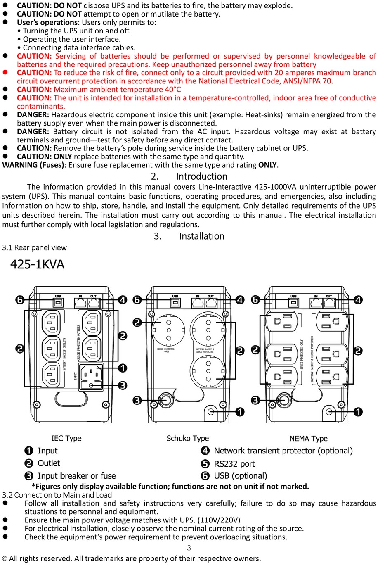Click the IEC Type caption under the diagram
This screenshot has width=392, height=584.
coord(66,438)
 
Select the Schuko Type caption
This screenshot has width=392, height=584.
coord(187,438)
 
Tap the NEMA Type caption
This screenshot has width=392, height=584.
coord(308,438)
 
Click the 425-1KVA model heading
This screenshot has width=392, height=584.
coord(37,264)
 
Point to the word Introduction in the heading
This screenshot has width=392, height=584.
coord(201,176)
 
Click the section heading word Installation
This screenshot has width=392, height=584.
coord(201,236)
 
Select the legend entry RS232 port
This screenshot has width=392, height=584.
coord(234,464)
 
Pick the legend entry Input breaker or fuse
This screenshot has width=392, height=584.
coord(76,476)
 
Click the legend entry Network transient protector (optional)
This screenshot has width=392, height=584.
coord(283,451)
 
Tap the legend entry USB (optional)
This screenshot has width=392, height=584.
coord(240,476)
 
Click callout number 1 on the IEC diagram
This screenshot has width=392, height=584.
coord(123,368)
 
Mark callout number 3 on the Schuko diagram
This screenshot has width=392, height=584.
coord(137,400)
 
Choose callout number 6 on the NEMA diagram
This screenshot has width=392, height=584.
coord(255,300)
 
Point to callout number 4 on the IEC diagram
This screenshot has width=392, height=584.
coord(123,300)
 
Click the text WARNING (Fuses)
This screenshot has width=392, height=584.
coord(33,165)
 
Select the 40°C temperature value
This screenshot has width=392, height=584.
coord(173,90)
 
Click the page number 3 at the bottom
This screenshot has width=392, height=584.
coord(189,548)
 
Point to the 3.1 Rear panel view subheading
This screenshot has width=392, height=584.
coord(34,247)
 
